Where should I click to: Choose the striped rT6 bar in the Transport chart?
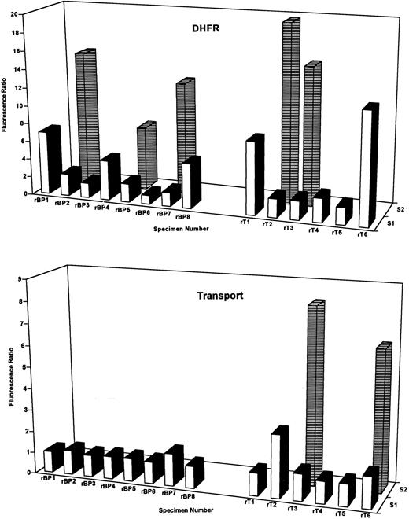[x=382, y=409]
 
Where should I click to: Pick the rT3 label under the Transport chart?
[x=299, y=509]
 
